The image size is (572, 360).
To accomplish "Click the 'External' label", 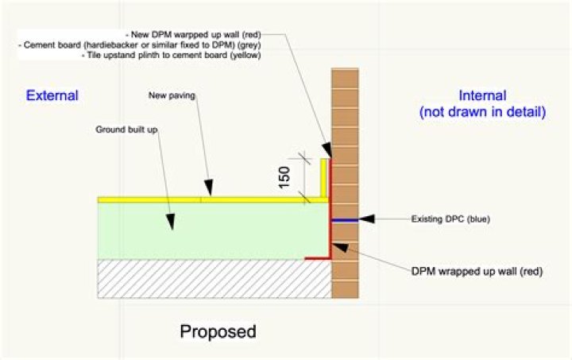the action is tap(52, 95).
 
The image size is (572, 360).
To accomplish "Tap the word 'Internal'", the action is tap(482, 95).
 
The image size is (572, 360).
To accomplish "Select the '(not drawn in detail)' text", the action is tap(482, 111).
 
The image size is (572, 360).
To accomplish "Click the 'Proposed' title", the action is tap(218, 332).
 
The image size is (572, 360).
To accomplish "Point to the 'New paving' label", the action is tap(172, 95).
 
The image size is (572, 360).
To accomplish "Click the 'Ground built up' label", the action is tap(126, 130).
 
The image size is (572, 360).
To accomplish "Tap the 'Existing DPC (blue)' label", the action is tap(450, 219).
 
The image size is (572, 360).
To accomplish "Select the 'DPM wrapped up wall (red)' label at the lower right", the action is tap(477, 271).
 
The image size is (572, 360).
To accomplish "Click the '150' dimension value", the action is tap(284, 178).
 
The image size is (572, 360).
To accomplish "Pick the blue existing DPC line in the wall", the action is tap(345, 220).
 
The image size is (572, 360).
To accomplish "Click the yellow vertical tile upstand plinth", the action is tap(324, 179).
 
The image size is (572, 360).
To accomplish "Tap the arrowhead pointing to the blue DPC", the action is tap(366, 219).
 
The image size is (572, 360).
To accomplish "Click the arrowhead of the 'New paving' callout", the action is tap(208, 188).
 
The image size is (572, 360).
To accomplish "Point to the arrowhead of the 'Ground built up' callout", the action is tap(170, 222).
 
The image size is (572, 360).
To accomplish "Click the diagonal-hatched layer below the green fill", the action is tap(214, 279).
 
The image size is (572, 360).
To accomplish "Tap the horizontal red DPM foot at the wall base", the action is tap(318, 258).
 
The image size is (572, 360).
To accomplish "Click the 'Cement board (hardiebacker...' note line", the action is tap(140, 45).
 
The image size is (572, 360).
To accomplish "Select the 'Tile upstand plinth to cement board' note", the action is tap(172, 56).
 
